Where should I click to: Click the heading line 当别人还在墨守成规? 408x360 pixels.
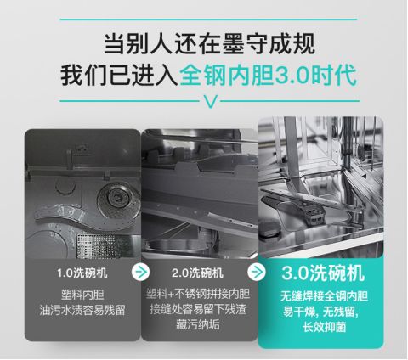pyautogui.click(x=209, y=44)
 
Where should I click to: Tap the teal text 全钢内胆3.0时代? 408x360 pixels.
pyautogui.click(x=268, y=76)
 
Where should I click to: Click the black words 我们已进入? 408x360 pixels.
pyautogui.click(x=120, y=76)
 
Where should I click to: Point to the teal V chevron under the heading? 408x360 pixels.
pyautogui.click(x=210, y=102)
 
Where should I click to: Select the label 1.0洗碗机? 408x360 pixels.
pyautogui.click(x=82, y=273)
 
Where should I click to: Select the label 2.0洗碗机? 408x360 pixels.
pyautogui.click(x=197, y=273)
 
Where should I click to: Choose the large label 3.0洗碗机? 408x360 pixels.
pyautogui.click(x=323, y=273)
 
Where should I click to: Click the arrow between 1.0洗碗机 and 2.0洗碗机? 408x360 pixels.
pyautogui.click(x=140, y=272)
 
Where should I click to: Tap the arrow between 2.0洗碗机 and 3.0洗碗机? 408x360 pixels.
pyautogui.click(x=257, y=272)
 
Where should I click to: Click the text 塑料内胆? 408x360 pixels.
pyautogui.click(x=82, y=295)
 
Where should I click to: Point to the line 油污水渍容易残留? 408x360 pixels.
pyautogui.click(x=82, y=310)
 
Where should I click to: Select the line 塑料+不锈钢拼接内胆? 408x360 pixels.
pyautogui.click(x=198, y=294)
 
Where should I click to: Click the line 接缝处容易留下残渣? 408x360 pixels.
pyautogui.click(x=198, y=309)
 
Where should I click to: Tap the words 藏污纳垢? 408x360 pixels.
pyautogui.click(x=198, y=324)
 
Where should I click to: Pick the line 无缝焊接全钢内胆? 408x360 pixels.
pyautogui.click(x=324, y=296)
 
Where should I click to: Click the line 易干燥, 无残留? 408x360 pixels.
pyautogui.click(x=320, y=312)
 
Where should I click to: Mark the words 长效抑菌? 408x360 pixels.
pyautogui.click(x=324, y=327)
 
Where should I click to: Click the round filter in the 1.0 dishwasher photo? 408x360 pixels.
pyautogui.click(x=118, y=198)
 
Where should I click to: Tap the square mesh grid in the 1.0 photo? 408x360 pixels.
pyautogui.click(x=94, y=245)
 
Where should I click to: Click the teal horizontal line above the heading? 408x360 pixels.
pyautogui.click(x=208, y=20)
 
